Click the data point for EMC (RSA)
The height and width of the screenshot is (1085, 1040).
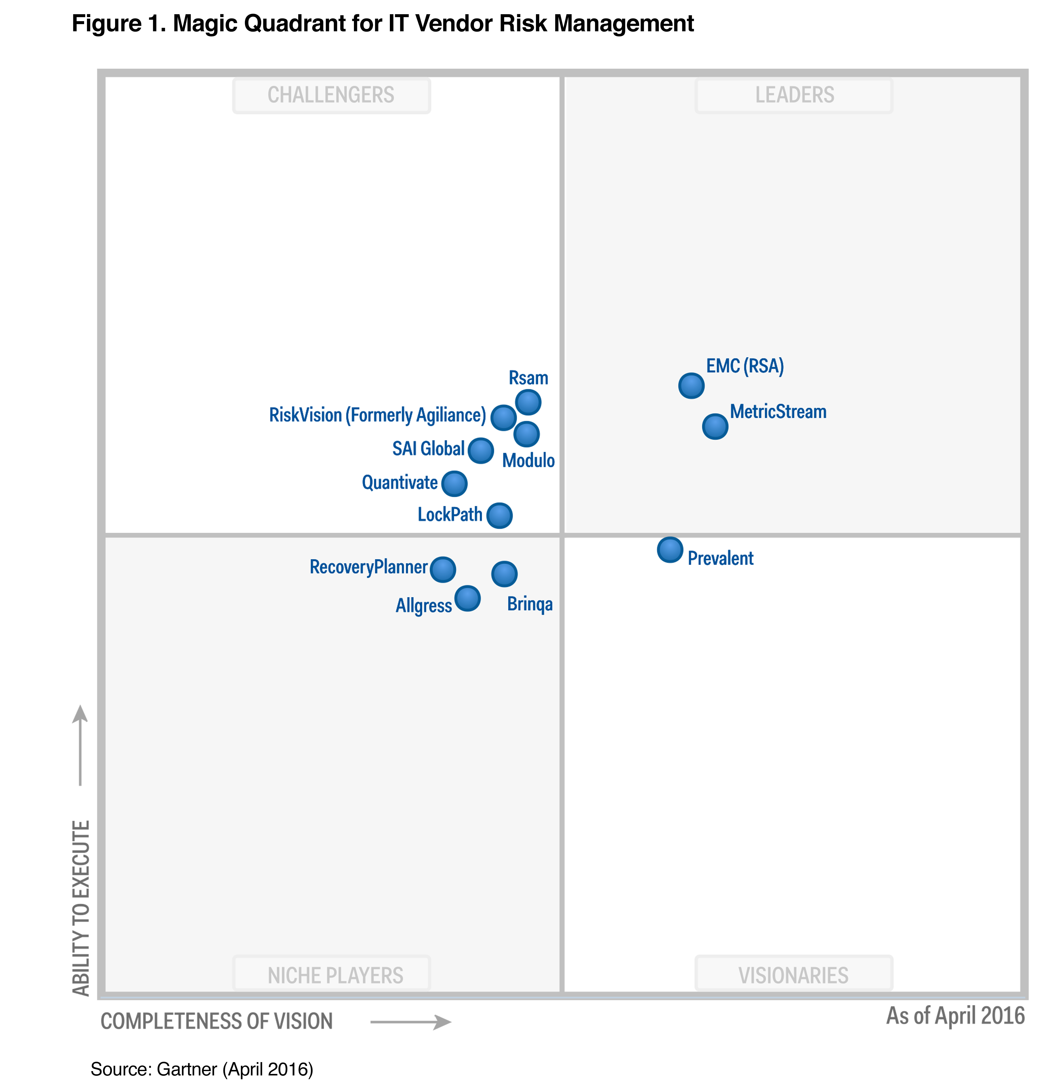(691, 385)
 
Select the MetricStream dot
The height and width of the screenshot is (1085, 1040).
(715, 426)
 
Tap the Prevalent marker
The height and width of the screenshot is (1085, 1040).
(670, 550)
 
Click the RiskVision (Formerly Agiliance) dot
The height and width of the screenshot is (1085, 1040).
(503, 417)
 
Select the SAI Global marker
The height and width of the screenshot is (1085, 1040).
(481, 451)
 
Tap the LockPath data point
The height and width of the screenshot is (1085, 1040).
(499, 515)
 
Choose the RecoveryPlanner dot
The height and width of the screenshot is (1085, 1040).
(443, 569)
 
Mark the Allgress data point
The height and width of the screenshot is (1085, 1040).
(467, 598)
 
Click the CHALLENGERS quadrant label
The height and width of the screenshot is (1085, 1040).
(331, 95)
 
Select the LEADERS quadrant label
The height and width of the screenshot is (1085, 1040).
(794, 95)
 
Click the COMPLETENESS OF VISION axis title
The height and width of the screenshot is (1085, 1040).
(217, 1021)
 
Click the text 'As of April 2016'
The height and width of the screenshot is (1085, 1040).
(955, 1016)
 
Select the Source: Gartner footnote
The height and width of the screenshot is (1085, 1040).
(202, 1069)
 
